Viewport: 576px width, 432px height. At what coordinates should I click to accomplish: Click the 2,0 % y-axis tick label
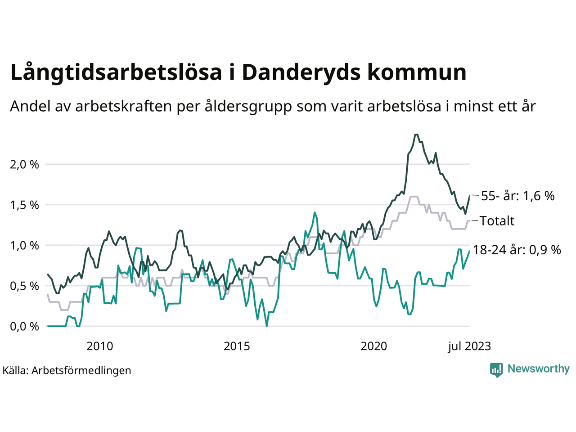click(24, 165)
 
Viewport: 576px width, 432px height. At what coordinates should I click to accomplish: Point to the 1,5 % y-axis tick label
click(24, 205)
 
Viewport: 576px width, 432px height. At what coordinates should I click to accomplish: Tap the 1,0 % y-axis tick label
click(24, 246)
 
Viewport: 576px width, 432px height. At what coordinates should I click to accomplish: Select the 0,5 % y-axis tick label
click(24, 286)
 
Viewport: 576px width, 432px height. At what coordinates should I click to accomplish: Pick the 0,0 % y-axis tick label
click(24, 327)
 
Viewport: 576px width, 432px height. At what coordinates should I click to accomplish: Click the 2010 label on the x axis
click(99, 346)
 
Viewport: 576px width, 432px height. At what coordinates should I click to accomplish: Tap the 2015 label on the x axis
click(237, 346)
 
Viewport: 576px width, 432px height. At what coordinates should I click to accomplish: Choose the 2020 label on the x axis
click(374, 346)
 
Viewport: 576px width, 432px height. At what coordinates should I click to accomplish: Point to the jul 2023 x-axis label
click(469, 346)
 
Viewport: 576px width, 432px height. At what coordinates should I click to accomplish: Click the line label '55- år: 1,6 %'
click(517, 196)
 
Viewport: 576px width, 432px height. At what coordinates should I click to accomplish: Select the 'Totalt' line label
click(497, 221)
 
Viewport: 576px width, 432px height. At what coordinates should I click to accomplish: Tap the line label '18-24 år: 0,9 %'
click(517, 250)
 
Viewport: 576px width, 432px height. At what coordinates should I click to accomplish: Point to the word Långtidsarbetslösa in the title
click(116, 72)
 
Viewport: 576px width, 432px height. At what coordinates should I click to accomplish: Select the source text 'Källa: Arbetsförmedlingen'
click(67, 370)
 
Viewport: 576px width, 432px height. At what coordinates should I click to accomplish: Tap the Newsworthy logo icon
click(496, 369)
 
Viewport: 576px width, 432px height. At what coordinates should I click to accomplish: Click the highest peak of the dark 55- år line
click(416, 134)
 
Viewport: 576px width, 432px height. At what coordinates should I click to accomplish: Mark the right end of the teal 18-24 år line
click(469, 251)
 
